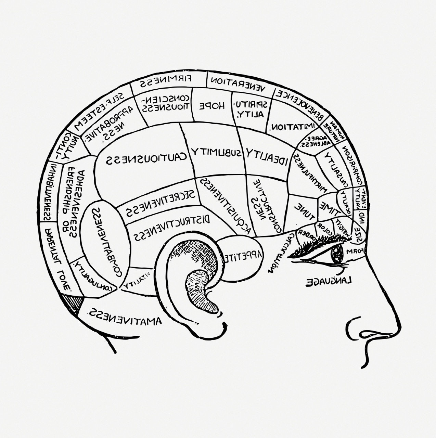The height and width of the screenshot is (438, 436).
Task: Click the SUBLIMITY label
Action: click(x=216, y=151)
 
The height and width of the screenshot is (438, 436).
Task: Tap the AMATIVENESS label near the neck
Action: click(x=125, y=317)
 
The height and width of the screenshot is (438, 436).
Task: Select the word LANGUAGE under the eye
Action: click(x=329, y=281)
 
